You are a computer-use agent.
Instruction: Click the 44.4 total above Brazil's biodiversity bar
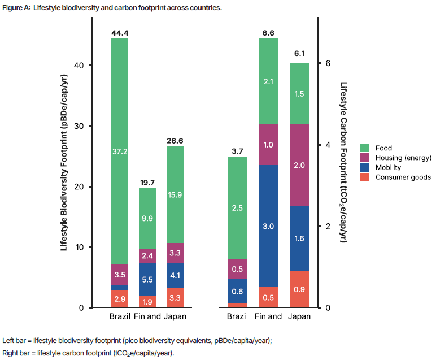(x=120, y=33)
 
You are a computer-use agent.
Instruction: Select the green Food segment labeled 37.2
(x=120, y=151)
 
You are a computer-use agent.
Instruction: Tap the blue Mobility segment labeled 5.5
(x=147, y=279)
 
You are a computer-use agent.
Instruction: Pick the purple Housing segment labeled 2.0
(x=299, y=165)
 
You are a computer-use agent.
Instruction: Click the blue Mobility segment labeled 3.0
(x=268, y=226)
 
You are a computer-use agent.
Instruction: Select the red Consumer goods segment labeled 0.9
(x=299, y=289)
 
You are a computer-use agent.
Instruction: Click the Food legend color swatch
(x=365, y=148)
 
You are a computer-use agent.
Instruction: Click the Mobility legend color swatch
(x=365, y=167)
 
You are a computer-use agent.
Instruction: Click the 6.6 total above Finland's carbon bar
(x=268, y=33)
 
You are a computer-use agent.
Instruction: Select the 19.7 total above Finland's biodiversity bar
(x=147, y=183)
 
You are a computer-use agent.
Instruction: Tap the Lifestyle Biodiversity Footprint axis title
(x=64, y=163)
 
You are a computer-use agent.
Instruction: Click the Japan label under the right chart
(x=299, y=316)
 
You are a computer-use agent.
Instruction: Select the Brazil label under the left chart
(x=120, y=316)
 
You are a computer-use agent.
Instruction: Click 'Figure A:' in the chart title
(x=15, y=7)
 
